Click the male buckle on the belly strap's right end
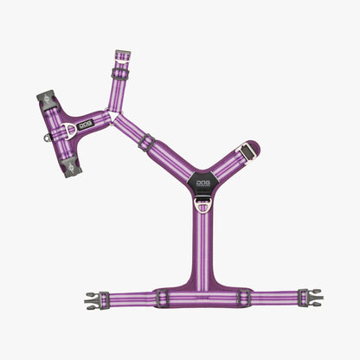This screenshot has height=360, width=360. click(x=312, y=298)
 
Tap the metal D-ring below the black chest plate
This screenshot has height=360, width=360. click(x=202, y=207)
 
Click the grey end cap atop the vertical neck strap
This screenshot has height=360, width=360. click(x=123, y=56)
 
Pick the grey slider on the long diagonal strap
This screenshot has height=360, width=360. click(x=148, y=142)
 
